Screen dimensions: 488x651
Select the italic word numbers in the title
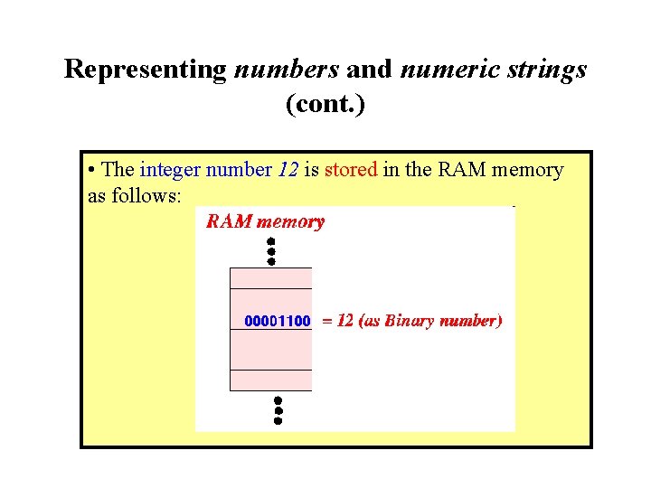tap(287, 70)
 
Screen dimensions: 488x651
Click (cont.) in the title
tap(325, 105)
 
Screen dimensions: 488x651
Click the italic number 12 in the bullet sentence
tap(288, 170)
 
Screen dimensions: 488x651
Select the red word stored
tap(350, 170)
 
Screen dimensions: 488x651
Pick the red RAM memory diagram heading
tap(264, 222)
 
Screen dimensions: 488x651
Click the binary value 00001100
tap(278, 321)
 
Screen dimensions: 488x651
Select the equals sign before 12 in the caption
tap(327, 321)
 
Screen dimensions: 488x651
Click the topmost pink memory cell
tap(271, 278)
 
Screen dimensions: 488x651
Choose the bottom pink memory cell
tap(271, 380)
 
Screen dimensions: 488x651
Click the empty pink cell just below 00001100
tap(271, 350)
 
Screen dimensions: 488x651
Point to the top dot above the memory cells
tap(270, 241)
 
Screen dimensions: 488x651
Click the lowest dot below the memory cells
tap(278, 420)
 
